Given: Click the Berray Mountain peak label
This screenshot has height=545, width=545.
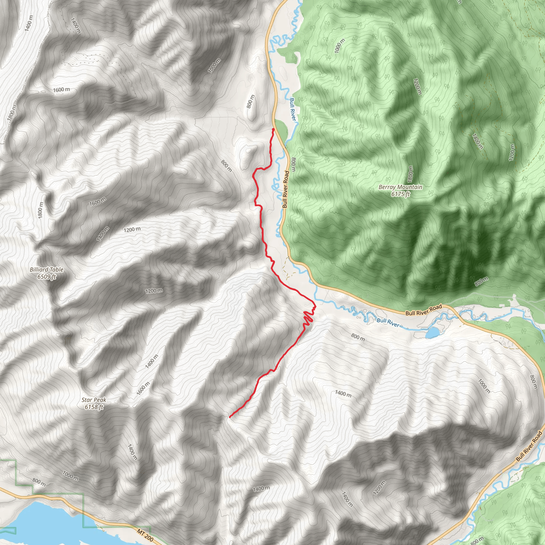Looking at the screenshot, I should [x=400, y=191].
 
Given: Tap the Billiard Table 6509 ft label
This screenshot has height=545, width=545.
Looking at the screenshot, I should [x=47, y=273].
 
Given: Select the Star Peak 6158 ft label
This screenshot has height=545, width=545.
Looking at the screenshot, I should [x=94, y=403].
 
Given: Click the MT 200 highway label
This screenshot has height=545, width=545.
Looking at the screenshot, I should [x=145, y=535].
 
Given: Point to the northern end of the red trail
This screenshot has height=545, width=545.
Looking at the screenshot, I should [x=273, y=129].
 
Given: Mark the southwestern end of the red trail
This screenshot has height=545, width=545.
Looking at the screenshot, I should [x=230, y=417].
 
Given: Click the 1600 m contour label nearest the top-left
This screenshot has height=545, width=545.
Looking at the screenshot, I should [x=61, y=90].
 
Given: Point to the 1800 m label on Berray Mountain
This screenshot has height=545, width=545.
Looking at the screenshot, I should [x=410, y=174].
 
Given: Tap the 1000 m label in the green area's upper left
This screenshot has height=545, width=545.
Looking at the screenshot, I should [x=339, y=46].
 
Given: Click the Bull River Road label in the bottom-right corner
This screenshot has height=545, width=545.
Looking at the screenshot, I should [x=529, y=446].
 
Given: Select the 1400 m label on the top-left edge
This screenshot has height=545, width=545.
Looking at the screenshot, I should [x=28, y=23].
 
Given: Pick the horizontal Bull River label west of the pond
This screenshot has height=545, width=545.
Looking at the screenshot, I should [x=388, y=323].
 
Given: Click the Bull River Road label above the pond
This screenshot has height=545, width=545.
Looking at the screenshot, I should [x=423, y=310].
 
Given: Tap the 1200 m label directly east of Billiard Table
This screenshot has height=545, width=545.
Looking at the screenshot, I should [x=154, y=291].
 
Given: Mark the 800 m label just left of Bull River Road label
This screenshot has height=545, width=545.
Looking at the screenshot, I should [x=293, y=164].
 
